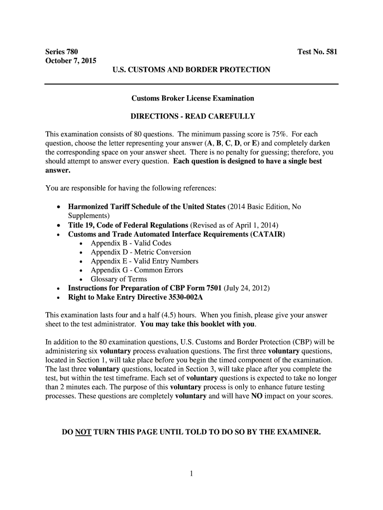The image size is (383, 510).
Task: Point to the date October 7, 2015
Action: tap(71, 61)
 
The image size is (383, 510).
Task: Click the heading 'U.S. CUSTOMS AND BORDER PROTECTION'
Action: tap(191, 70)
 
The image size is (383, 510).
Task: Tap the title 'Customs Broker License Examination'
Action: tap(192, 98)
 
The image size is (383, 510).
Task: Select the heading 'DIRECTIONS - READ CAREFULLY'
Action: tap(192, 116)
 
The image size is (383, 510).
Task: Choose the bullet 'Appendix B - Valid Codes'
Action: tap(131, 243)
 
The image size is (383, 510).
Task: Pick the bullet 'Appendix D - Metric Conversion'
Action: tap(140, 252)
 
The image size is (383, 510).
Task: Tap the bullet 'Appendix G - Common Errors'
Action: tap(137, 270)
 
